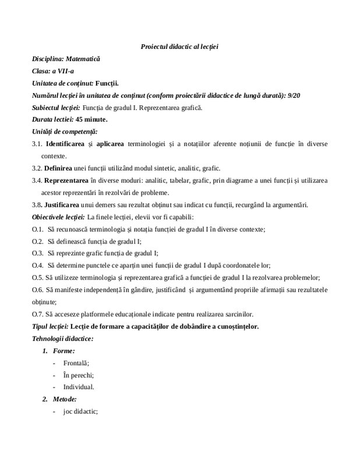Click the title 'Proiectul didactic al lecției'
coord(179,46)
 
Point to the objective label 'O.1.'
coord(38,229)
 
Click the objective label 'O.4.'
coord(38,265)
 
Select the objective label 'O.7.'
coord(38,313)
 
